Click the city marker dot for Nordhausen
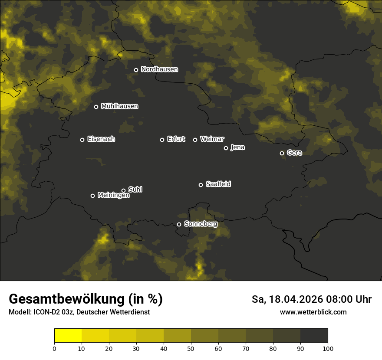pos(136,70)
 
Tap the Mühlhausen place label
pos(119,106)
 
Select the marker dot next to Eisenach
pos(82,140)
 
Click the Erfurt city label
pos(176,139)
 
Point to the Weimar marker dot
pos(195,140)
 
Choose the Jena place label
pos(237,147)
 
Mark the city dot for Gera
pos(282,153)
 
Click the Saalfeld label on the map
pos(218,184)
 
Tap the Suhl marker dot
pos(123,190)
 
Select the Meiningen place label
pos(113,196)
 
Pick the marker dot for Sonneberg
pos(179,224)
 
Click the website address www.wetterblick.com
pos(313,312)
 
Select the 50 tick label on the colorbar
pos(191,348)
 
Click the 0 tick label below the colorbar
pos(54,348)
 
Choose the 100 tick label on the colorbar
pos(328,348)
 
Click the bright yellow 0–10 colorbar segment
pos(68,336)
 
